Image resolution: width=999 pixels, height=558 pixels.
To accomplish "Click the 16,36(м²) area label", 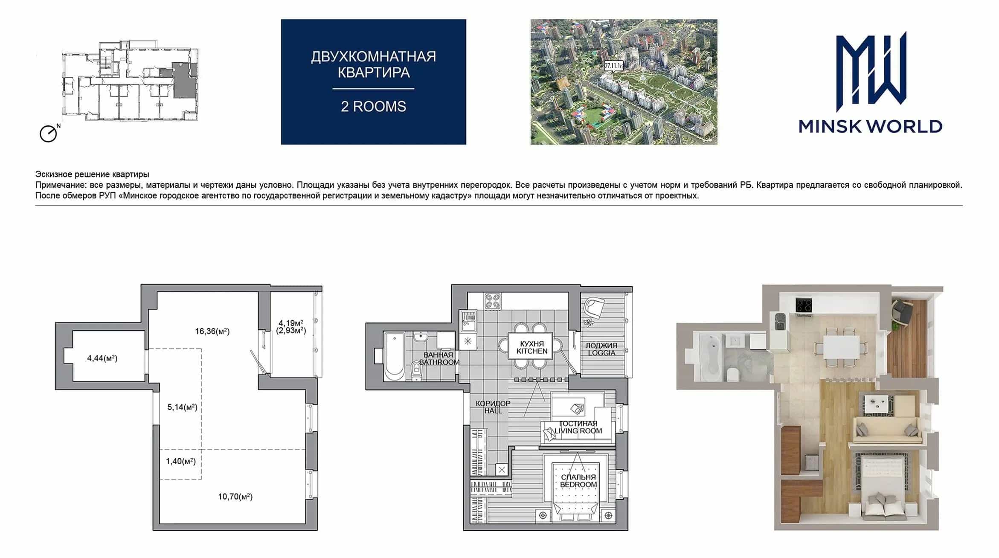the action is pos(212,331).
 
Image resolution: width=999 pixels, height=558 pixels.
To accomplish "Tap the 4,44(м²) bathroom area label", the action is pos(102,358).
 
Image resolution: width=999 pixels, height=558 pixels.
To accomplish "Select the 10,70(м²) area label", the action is pos(235,497).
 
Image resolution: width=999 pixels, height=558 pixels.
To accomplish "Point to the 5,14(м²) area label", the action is pos(182,407).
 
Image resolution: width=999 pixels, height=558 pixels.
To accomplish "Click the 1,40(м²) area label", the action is pos(181,461).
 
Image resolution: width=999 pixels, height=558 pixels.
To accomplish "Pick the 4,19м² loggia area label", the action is pos(291,323).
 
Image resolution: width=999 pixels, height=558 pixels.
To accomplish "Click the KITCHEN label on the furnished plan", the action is pos(532,351).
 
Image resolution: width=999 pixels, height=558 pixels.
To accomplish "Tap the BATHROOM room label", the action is pos(439,362).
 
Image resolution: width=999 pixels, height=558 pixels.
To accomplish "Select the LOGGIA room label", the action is pos(601,353).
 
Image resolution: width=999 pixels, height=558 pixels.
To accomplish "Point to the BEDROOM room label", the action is pos(578,485).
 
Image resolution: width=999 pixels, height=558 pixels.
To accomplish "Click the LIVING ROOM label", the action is pos(578,431).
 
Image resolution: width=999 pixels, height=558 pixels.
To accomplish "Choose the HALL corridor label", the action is pos(493,410).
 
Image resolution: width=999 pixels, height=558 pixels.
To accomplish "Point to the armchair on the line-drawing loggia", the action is pos(594,307).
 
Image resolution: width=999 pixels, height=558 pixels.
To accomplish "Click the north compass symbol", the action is pos(49,134).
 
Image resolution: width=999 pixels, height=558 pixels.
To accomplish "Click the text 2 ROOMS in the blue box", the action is pos(373,106).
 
